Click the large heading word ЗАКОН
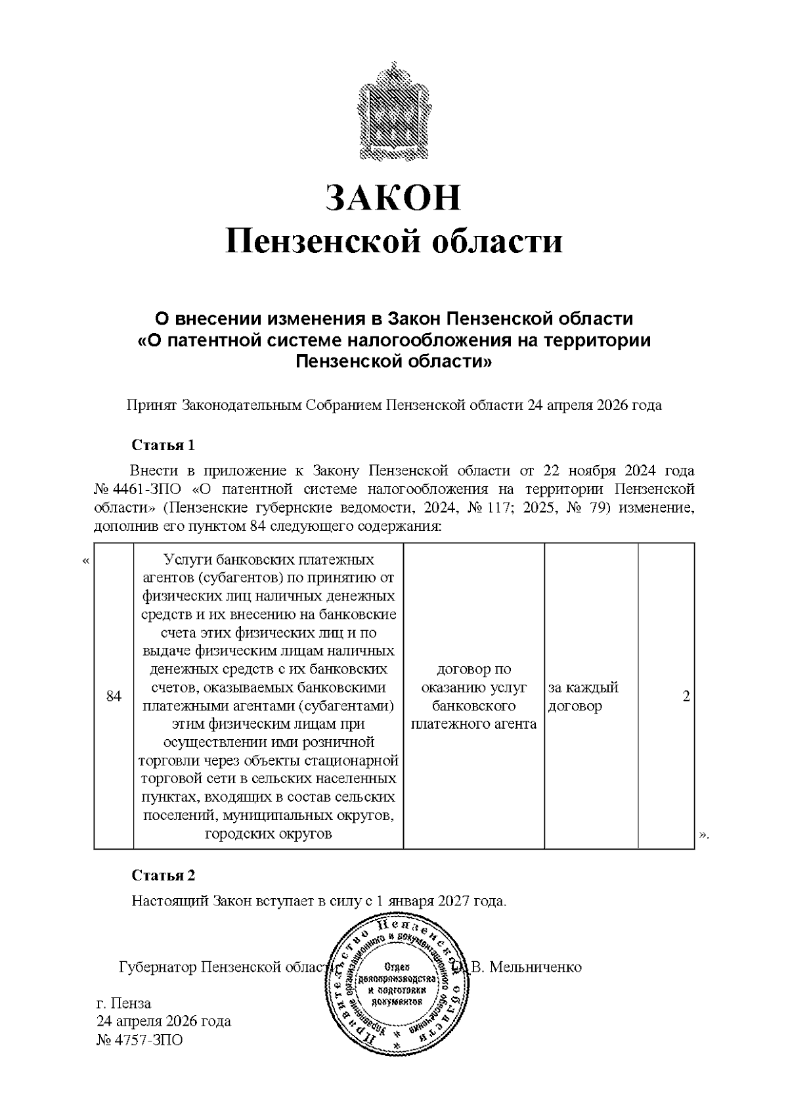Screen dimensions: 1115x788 pos(394,197)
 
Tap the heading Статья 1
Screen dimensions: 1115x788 pos(164,445)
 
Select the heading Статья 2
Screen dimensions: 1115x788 pos(164,876)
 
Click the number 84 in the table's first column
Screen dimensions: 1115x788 pos(114,696)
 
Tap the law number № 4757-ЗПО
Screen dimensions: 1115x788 pos(140,1040)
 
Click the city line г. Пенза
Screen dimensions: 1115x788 pos(124,1003)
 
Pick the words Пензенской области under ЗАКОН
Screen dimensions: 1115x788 pos(394,242)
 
